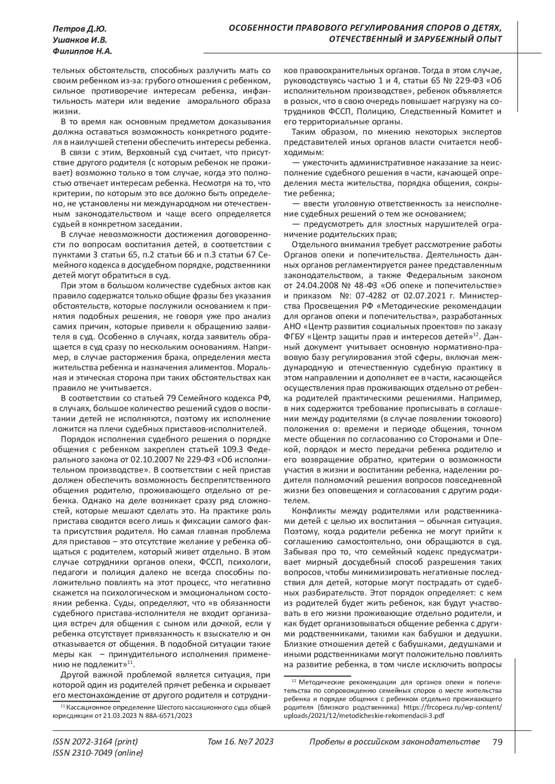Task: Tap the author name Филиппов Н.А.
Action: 82,51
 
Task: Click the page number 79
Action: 497,741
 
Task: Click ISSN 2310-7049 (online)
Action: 98,753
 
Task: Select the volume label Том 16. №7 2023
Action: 241,741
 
